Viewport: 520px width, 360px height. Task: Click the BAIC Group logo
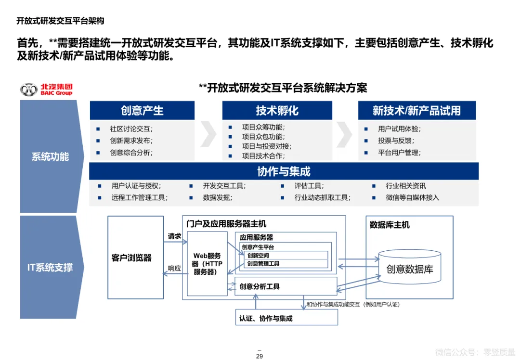tap(47, 89)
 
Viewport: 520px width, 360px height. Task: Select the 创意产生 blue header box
tap(142, 110)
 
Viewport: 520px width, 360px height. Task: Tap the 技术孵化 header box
tap(277, 110)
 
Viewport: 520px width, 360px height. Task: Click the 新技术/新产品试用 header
tap(416, 110)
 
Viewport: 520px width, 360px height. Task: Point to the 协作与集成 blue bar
tap(284, 171)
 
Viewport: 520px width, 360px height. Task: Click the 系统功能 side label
tap(50, 156)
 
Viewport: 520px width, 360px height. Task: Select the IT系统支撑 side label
tap(50, 267)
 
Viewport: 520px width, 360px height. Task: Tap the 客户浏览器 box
tap(131, 257)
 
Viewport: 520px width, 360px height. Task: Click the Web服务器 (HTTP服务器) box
tap(207, 264)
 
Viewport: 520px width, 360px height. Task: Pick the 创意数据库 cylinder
tap(410, 269)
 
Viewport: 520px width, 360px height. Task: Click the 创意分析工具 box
tap(286, 286)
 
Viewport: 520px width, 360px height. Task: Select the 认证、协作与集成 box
tap(286, 318)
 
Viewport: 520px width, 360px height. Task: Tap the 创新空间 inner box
tap(286, 256)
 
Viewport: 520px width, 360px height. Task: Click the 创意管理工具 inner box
tap(286, 264)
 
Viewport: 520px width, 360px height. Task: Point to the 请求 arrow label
tap(174, 236)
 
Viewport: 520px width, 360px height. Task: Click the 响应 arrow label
tap(174, 268)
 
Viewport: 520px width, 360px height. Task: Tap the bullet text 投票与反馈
tap(396, 141)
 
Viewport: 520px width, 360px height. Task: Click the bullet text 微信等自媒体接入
tap(412, 197)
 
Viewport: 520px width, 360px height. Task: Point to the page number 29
tap(260, 356)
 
